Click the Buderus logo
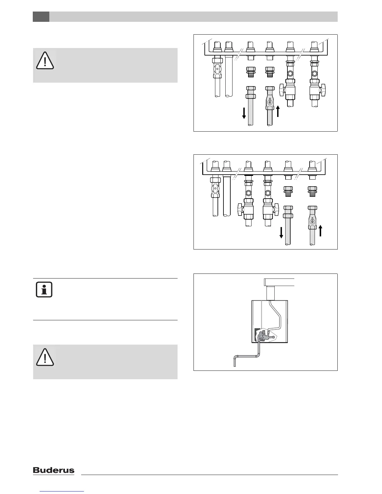click(54, 470)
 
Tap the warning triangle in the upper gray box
click(45, 60)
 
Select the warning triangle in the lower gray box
click(45, 357)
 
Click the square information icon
click(44, 290)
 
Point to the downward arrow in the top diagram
click(244, 113)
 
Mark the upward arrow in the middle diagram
click(320, 230)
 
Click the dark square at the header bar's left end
click(41, 17)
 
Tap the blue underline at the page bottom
click(62, 492)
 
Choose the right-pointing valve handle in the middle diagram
click(277, 209)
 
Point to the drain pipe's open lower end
click(235, 365)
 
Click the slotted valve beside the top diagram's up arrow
click(270, 102)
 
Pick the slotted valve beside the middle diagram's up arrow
click(312, 221)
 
